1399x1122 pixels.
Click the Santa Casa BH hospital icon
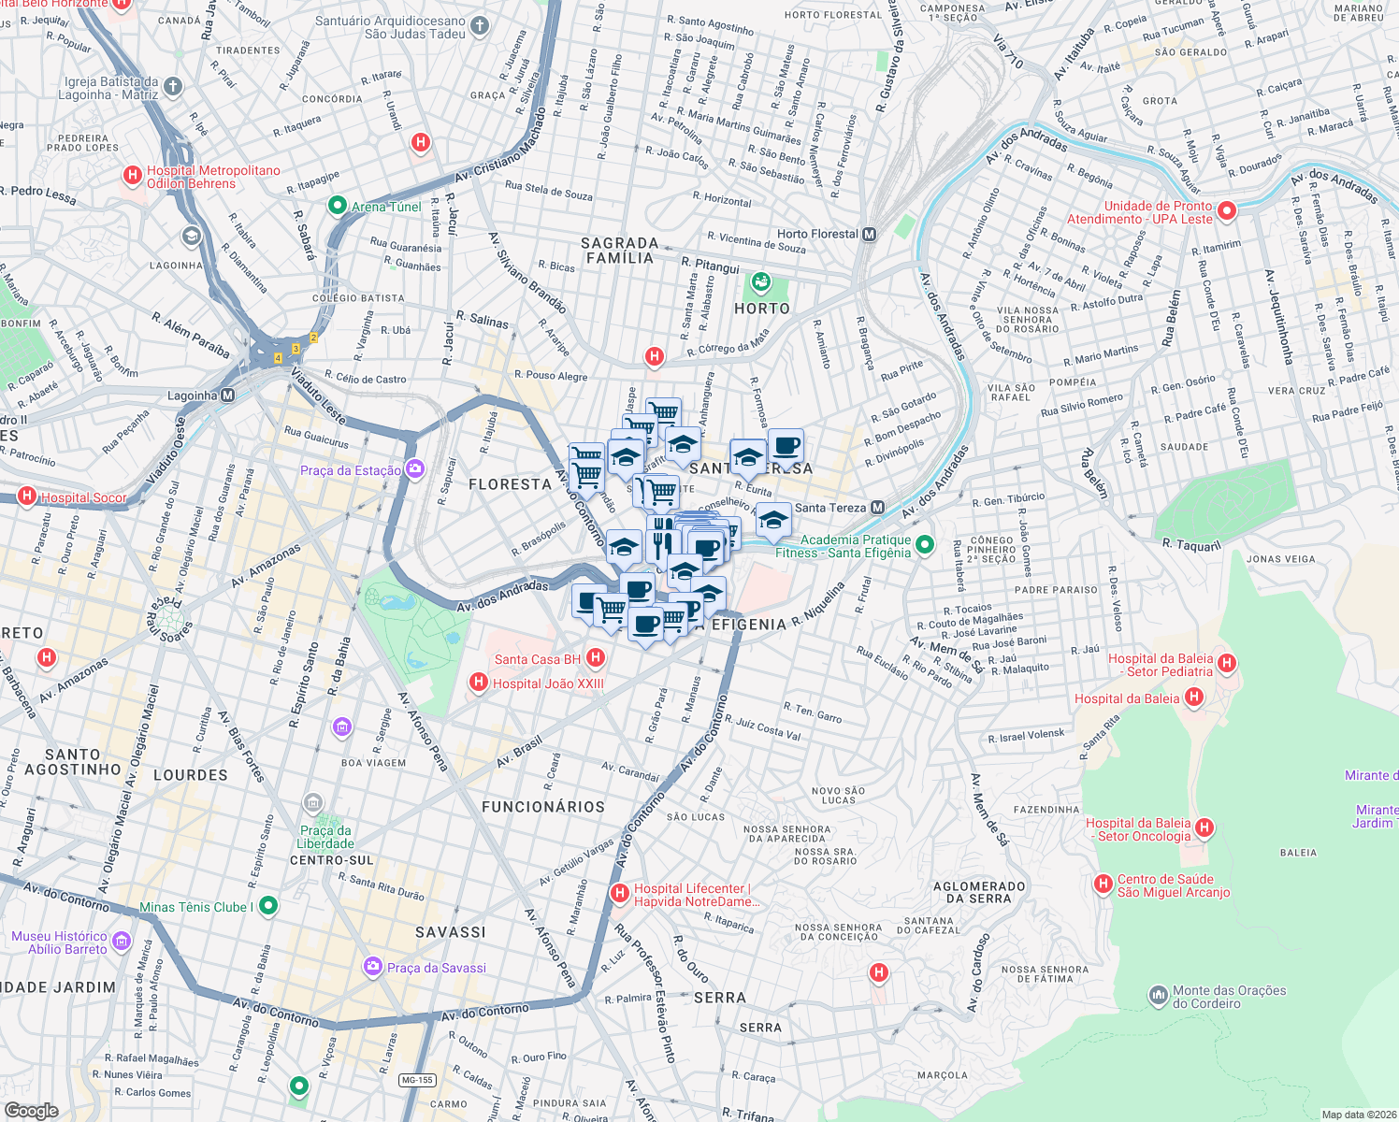(x=595, y=658)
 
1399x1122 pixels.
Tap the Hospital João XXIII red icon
(x=479, y=683)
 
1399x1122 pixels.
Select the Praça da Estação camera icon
(x=414, y=469)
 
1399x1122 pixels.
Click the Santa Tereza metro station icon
(x=877, y=508)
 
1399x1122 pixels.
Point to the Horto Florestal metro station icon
(x=869, y=234)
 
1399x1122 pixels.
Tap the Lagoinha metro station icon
(x=228, y=396)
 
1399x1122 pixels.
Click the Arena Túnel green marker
(x=337, y=206)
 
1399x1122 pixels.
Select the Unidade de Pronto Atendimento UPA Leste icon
(x=1227, y=211)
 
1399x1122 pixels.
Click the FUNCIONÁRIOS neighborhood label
(x=542, y=806)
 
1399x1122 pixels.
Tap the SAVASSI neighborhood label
(x=451, y=931)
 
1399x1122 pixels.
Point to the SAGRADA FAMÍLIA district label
(x=619, y=250)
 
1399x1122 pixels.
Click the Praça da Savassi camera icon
(x=373, y=967)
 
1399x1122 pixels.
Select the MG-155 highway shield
(x=416, y=1080)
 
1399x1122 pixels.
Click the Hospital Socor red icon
(x=27, y=496)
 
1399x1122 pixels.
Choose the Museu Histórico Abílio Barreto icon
(x=121, y=942)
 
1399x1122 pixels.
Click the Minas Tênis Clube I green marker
(x=268, y=905)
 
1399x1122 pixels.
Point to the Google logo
(x=32, y=1110)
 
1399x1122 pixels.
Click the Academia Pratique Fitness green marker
(x=925, y=544)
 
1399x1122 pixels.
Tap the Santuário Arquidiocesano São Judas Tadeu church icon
(x=480, y=26)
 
